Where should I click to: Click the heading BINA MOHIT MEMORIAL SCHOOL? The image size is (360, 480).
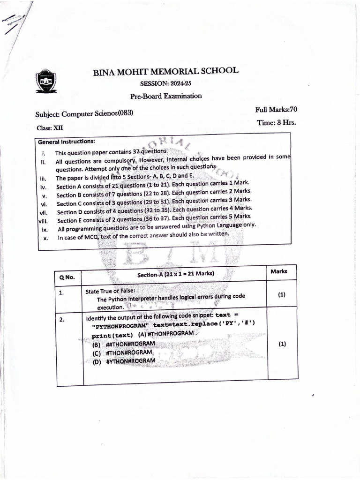(x=165, y=72)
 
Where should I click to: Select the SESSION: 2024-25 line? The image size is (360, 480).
(x=165, y=84)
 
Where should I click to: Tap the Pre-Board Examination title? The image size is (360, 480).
(x=165, y=96)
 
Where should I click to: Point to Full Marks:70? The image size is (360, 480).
(x=276, y=110)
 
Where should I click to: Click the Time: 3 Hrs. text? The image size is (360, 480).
(x=276, y=123)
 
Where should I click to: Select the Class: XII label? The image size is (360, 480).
(x=49, y=127)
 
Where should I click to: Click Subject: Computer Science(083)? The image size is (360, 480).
(x=84, y=113)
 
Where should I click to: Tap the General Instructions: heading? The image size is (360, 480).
(x=67, y=141)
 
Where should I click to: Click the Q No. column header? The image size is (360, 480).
(x=67, y=277)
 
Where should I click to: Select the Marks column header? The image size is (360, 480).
(x=279, y=271)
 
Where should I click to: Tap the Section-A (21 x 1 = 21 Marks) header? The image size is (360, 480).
(x=175, y=274)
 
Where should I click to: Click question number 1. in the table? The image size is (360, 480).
(x=61, y=293)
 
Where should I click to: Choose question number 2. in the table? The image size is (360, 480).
(x=61, y=320)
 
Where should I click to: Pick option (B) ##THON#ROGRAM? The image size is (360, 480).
(x=123, y=344)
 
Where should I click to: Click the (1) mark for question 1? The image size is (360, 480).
(x=282, y=295)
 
